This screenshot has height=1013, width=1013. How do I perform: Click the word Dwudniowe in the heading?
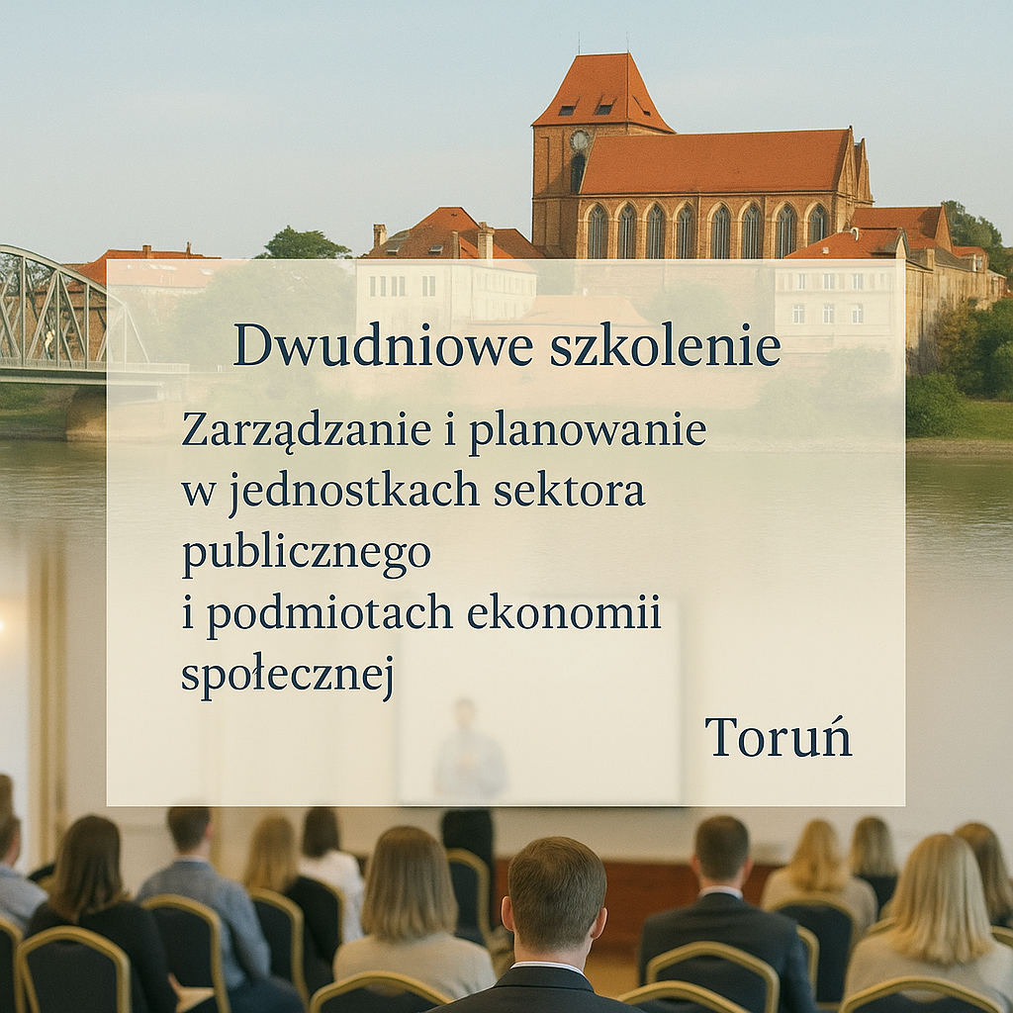[x=383, y=344]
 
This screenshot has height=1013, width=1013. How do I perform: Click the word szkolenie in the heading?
[x=666, y=344]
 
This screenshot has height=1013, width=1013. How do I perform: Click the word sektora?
[x=569, y=491]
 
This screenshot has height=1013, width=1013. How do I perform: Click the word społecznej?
[x=288, y=675]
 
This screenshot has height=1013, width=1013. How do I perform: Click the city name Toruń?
[x=779, y=736]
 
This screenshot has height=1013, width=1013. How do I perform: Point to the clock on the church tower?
[x=580, y=140]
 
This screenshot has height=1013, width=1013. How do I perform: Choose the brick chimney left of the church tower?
[x=485, y=240]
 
